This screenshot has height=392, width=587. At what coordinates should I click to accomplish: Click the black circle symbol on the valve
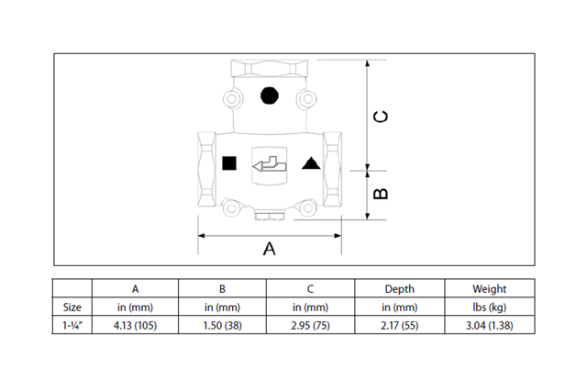coord(269,95)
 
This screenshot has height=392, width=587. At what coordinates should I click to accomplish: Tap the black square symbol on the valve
coord(229,164)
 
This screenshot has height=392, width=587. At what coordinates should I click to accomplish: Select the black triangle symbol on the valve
coord(310,164)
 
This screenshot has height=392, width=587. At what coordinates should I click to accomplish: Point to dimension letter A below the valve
coord(270,249)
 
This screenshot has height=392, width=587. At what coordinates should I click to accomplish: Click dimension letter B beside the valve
coord(382,194)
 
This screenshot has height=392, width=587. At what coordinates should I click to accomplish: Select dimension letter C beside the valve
coord(382,116)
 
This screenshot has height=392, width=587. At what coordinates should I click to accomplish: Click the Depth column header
coord(399,288)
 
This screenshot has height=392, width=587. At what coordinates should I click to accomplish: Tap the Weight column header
coord(489,288)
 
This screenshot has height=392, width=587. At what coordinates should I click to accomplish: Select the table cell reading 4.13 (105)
coord(134,325)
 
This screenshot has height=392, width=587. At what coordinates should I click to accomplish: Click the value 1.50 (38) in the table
coord(221,325)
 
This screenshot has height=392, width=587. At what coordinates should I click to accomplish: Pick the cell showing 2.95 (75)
coord(310,325)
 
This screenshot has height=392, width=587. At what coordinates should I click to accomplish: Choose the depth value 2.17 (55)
coord(399,325)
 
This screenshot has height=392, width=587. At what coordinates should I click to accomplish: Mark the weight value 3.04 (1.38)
coord(489,325)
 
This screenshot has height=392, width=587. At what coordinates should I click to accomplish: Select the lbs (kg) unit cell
coord(489,307)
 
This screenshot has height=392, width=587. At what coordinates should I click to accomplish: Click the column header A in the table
coord(134,288)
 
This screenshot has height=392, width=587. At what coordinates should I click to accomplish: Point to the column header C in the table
coord(310,288)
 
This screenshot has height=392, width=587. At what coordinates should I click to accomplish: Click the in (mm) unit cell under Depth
coord(399,307)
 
